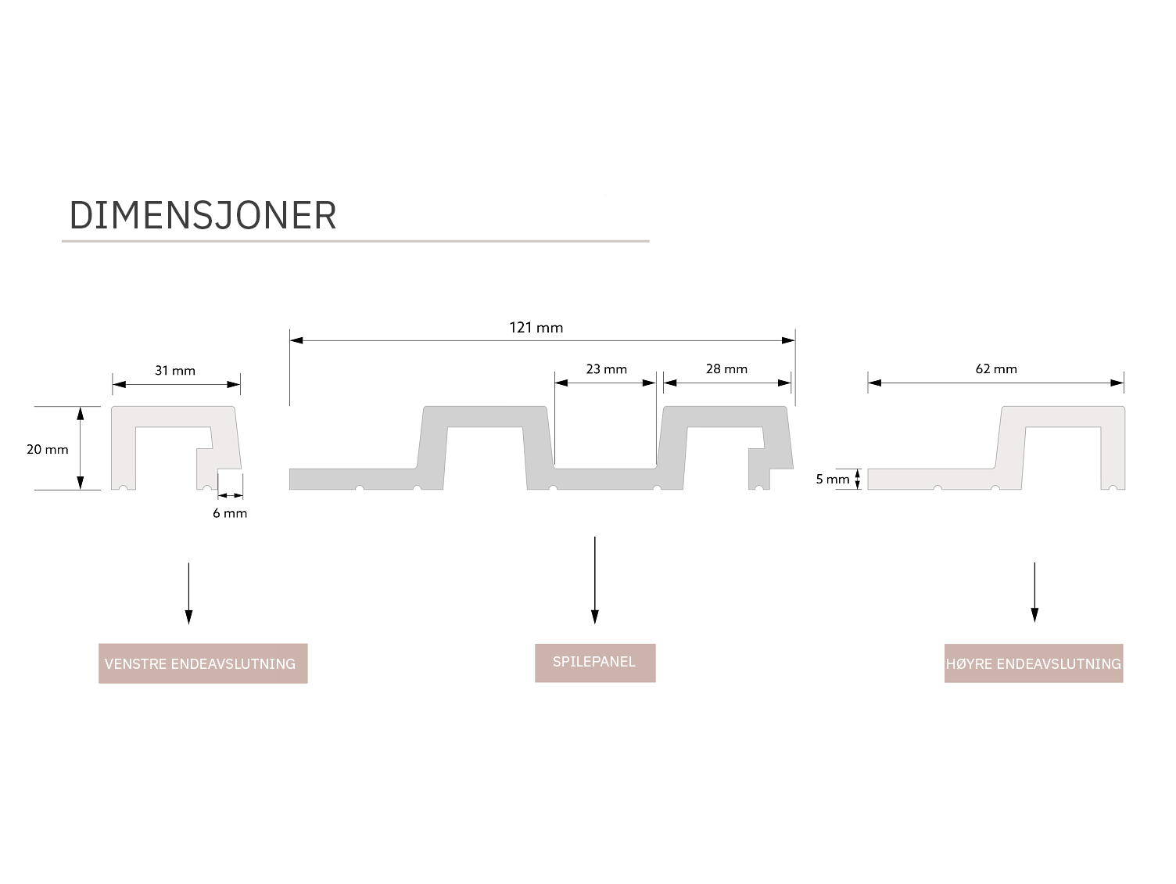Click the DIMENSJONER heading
[x=203, y=215]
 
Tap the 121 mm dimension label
[x=536, y=328]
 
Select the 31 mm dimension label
[x=175, y=371]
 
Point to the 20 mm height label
[x=48, y=450]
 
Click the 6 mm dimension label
[x=230, y=513]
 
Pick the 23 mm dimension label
[x=607, y=369]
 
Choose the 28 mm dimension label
[x=726, y=369]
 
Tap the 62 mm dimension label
[x=996, y=369]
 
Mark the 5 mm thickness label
[x=832, y=480]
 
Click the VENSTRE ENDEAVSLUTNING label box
[x=203, y=663]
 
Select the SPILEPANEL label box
[x=594, y=663]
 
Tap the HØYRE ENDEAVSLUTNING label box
[x=1033, y=663]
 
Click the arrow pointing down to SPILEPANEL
[x=594, y=580]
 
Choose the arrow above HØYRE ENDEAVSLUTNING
[x=1034, y=591]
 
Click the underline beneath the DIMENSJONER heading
[x=355, y=241]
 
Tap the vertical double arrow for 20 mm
[x=80, y=448]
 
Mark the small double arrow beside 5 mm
[x=858, y=479]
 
